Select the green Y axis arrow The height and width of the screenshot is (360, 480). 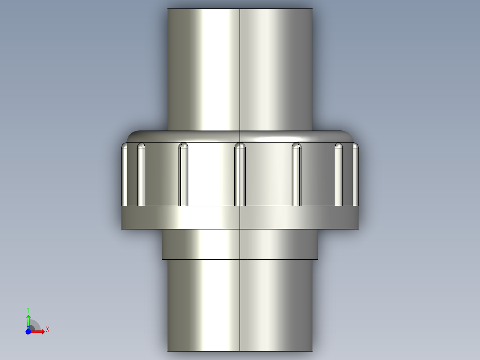click(28, 320)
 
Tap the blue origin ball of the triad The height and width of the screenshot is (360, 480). click(28, 331)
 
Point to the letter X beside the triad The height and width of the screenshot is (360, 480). click(48, 329)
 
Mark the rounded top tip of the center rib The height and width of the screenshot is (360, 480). click(240, 145)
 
